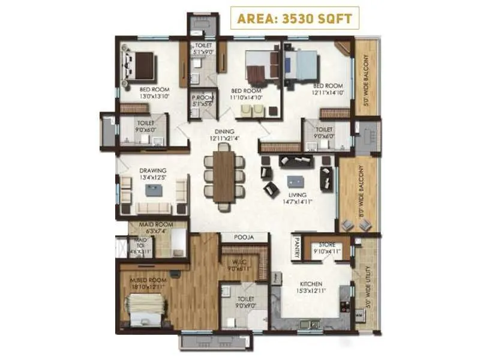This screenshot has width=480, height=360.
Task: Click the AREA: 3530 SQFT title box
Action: click(x=294, y=17)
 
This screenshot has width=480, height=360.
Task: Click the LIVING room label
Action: click(x=296, y=195)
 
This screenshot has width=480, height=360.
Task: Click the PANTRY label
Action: click(x=296, y=247)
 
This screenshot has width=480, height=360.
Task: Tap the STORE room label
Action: click(x=326, y=244)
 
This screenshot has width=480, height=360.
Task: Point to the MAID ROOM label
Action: click(x=156, y=224)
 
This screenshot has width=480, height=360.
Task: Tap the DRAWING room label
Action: click(x=153, y=170)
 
